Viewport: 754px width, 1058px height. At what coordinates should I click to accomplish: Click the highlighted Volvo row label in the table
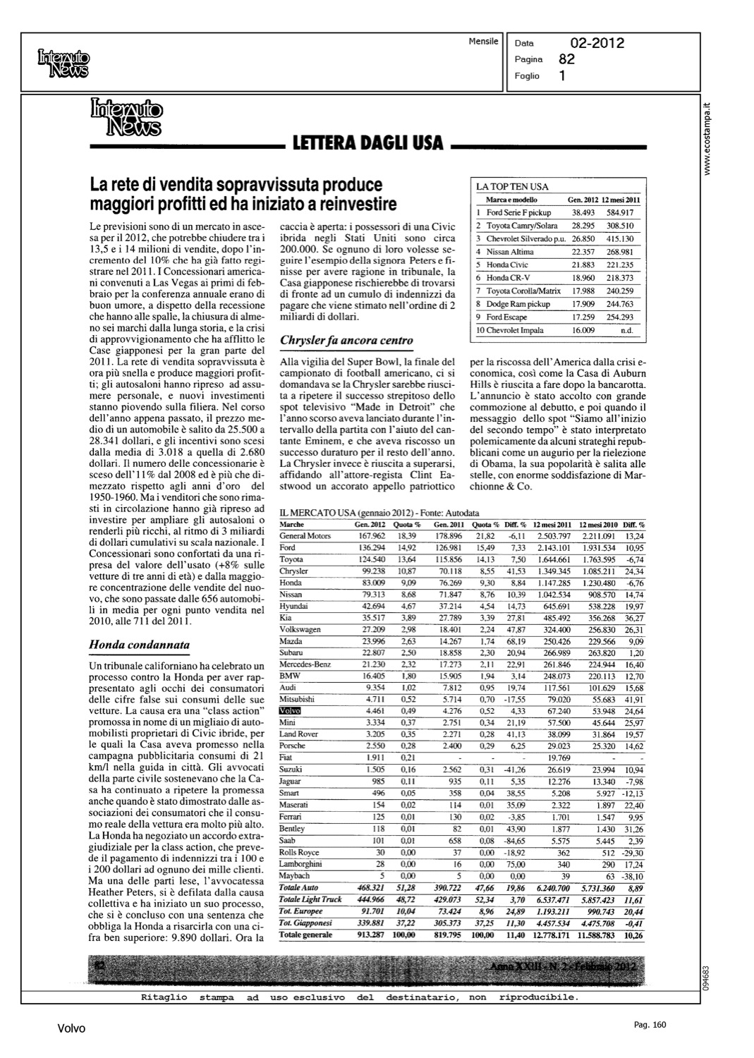click(290, 711)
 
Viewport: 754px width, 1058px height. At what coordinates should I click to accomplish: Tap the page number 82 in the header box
click(566, 60)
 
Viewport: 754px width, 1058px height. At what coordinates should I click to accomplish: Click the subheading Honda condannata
click(139, 644)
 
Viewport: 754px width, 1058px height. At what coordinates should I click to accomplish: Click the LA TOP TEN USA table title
click(513, 187)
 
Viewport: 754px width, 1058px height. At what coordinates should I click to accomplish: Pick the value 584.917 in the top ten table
click(621, 212)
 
